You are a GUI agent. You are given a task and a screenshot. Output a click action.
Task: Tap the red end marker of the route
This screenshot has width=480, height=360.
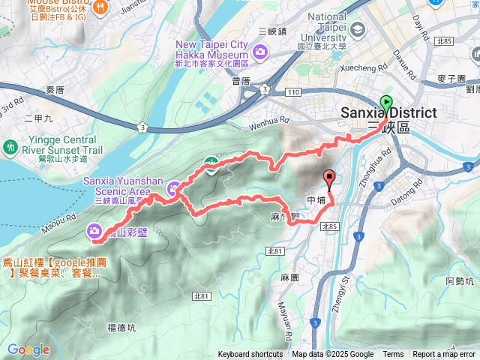pos(328,178)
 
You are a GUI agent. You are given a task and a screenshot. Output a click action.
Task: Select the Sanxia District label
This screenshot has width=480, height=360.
pos(388,112)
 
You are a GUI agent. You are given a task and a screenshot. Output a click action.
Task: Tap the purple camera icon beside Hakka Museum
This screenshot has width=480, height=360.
pos(260,51)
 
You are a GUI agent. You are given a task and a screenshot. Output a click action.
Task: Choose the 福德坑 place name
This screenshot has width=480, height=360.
pos(121,327)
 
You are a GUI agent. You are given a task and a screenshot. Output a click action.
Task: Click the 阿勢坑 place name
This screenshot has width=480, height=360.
pos(459,281)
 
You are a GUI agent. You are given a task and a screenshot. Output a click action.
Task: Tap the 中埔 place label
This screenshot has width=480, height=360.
pos(316,201)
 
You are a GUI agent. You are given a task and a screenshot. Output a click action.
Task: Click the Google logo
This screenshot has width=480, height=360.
pos(28,349)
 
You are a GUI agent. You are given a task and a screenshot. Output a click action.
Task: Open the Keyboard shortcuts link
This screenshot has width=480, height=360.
pos(250,355)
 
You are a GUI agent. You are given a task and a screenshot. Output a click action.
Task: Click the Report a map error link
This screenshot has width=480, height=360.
pos(444,355)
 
